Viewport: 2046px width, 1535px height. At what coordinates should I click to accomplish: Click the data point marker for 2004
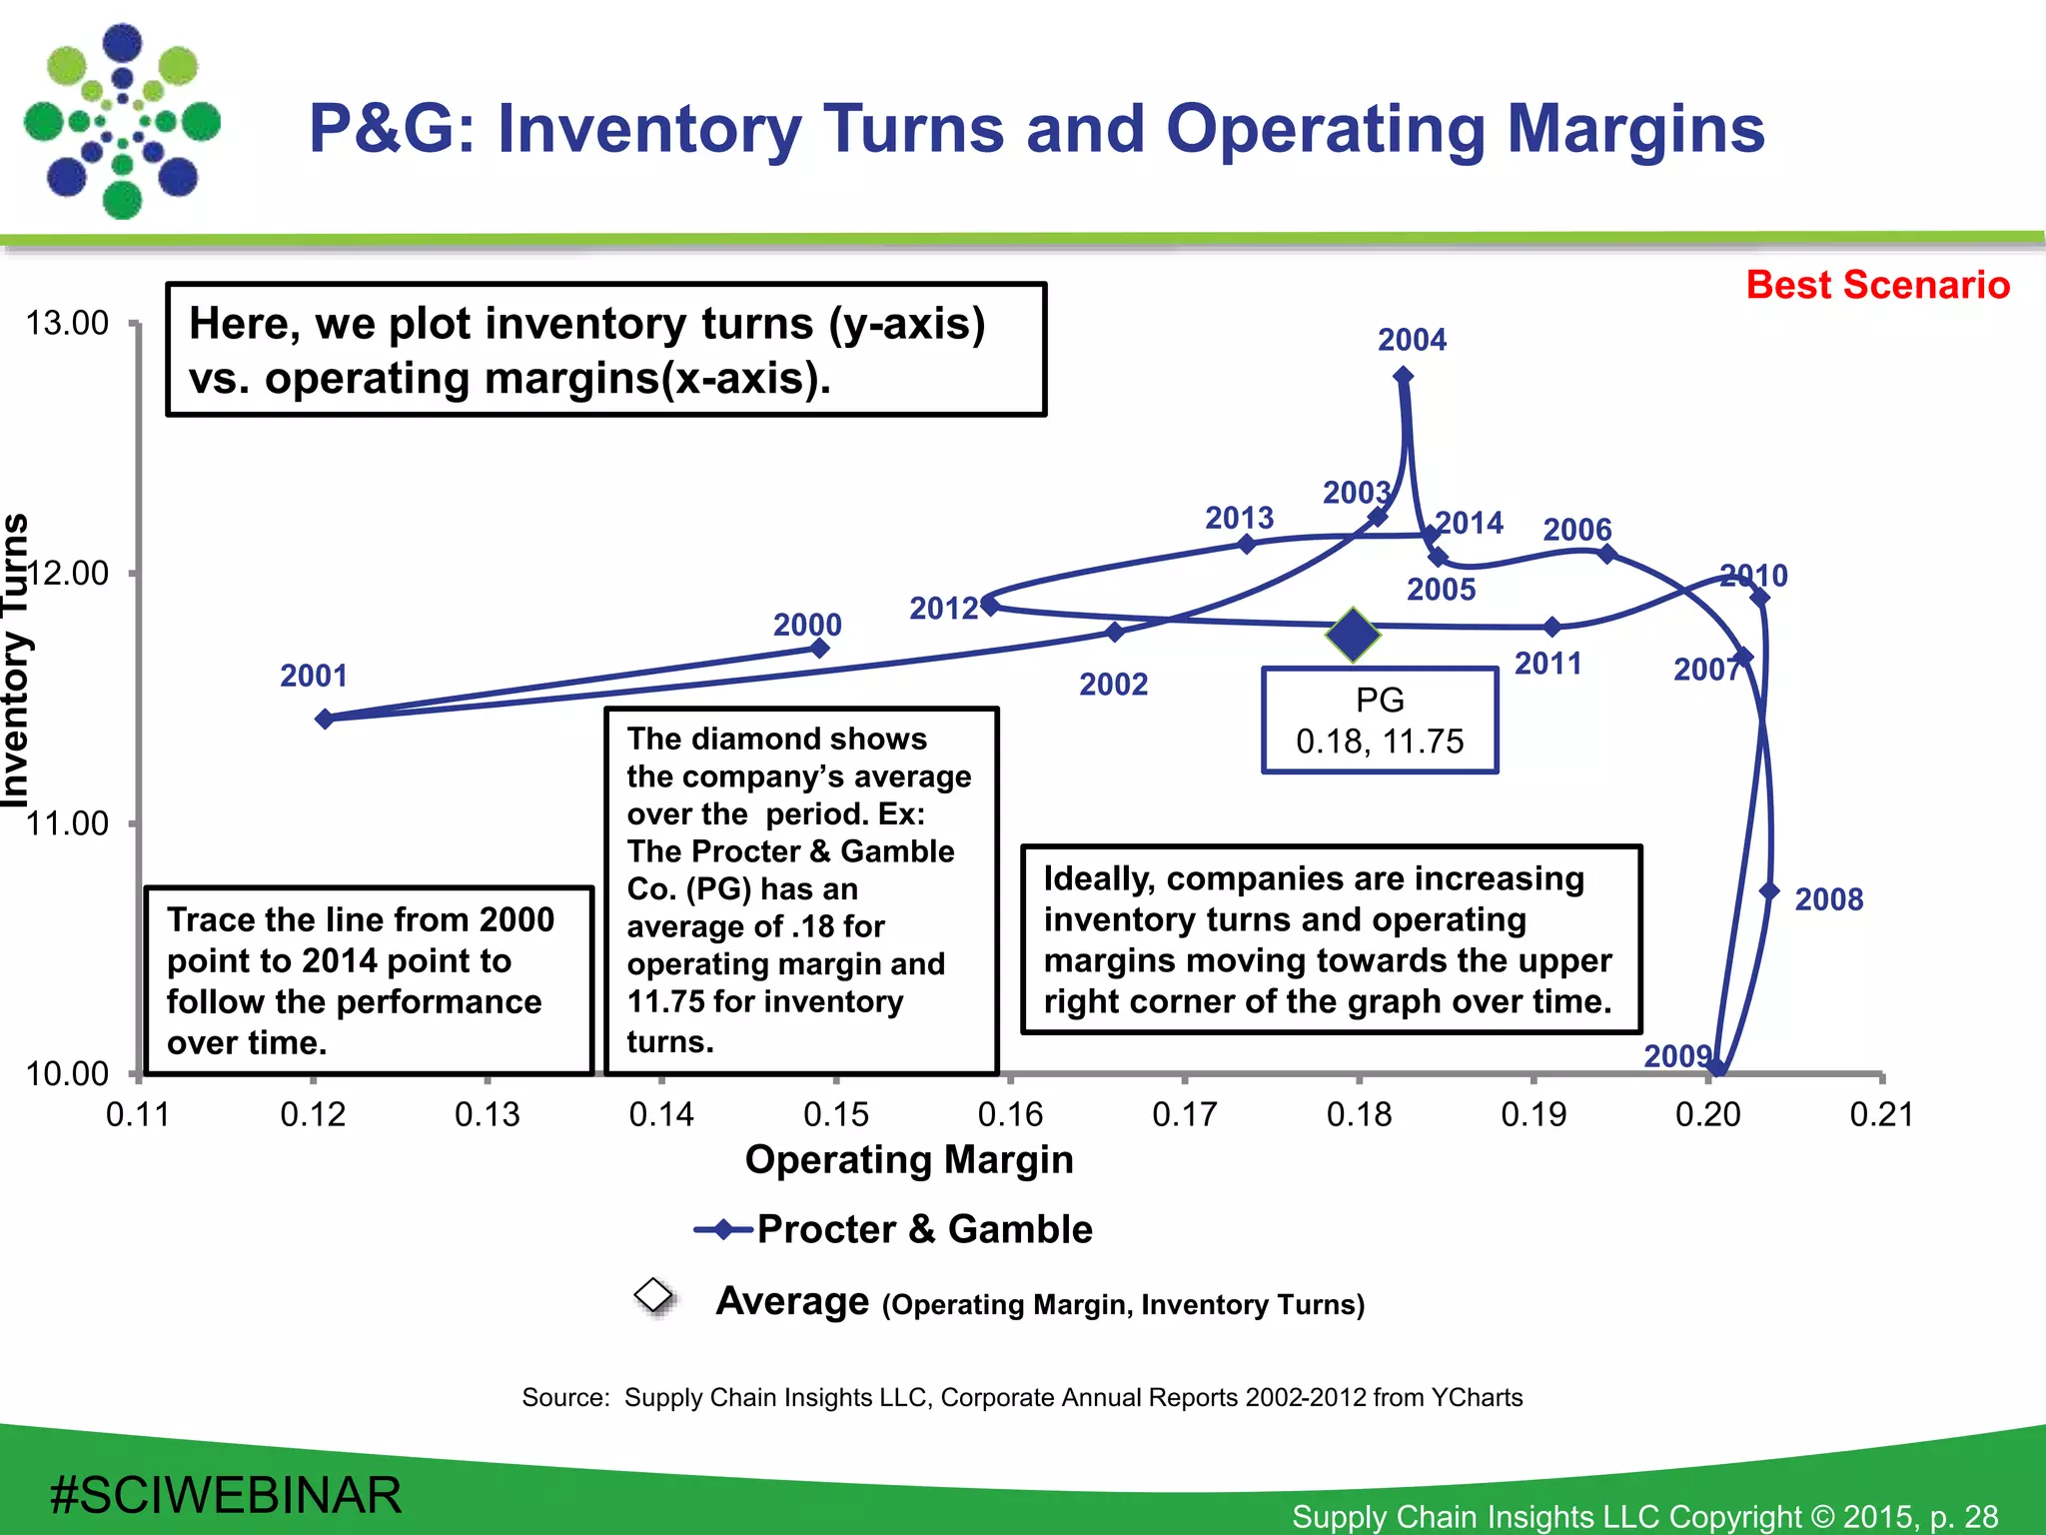pyautogui.click(x=1403, y=376)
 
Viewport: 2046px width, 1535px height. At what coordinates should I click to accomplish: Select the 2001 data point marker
pyautogui.click(x=325, y=719)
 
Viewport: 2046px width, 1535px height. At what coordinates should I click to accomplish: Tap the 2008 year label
pyautogui.click(x=1828, y=899)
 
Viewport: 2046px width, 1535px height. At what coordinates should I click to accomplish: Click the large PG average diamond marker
pyautogui.click(x=1354, y=635)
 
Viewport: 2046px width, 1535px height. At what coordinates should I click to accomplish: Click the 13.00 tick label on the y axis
pyautogui.click(x=67, y=324)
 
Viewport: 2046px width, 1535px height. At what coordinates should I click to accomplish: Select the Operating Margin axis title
pyautogui.click(x=909, y=1159)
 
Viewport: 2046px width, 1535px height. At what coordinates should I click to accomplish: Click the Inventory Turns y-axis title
pyautogui.click(x=16, y=660)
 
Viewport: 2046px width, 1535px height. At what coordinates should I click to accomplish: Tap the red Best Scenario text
pyautogui.click(x=1877, y=285)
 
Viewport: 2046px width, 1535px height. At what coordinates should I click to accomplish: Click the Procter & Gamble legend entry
pyautogui.click(x=923, y=1229)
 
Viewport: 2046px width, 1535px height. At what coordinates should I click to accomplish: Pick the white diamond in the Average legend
pyautogui.click(x=654, y=1295)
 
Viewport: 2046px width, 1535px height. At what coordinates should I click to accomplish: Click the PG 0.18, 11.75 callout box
pyautogui.click(x=1380, y=721)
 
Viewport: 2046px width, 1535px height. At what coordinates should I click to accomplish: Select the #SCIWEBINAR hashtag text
pyautogui.click(x=226, y=1495)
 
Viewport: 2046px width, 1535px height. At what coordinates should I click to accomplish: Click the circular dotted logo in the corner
pyautogui.click(x=122, y=122)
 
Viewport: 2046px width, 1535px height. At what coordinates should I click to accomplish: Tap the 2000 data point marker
pyautogui.click(x=819, y=649)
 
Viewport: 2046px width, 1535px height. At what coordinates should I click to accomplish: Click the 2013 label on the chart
pyautogui.click(x=1239, y=518)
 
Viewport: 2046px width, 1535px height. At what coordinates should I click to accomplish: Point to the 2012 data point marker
pyautogui.click(x=989, y=605)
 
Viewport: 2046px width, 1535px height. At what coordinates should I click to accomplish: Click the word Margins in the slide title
pyautogui.click(x=1635, y=130)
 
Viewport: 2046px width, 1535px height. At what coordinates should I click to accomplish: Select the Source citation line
pyautogui.click(x=1022, y=1397)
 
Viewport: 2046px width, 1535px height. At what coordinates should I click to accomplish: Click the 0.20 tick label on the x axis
pyautogui.click(x=1707, y=1113)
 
